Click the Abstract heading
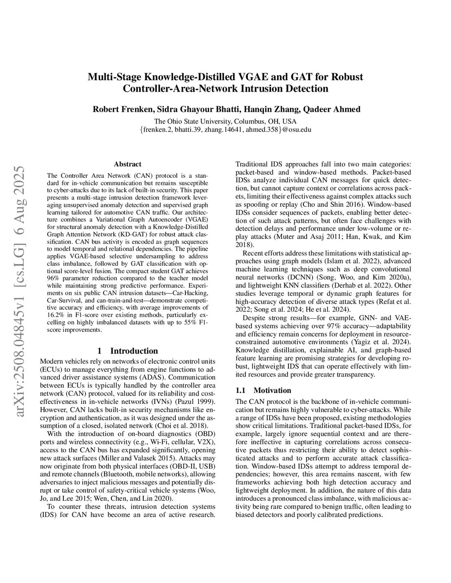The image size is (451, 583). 127,164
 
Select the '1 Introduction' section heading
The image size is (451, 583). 127,351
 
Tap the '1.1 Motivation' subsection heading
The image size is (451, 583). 263,390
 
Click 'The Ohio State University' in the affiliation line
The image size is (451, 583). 192,121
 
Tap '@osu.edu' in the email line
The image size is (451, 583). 297,129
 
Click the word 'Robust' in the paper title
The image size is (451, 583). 346,77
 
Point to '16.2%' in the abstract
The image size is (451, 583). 56,315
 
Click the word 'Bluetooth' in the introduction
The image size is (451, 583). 118,474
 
